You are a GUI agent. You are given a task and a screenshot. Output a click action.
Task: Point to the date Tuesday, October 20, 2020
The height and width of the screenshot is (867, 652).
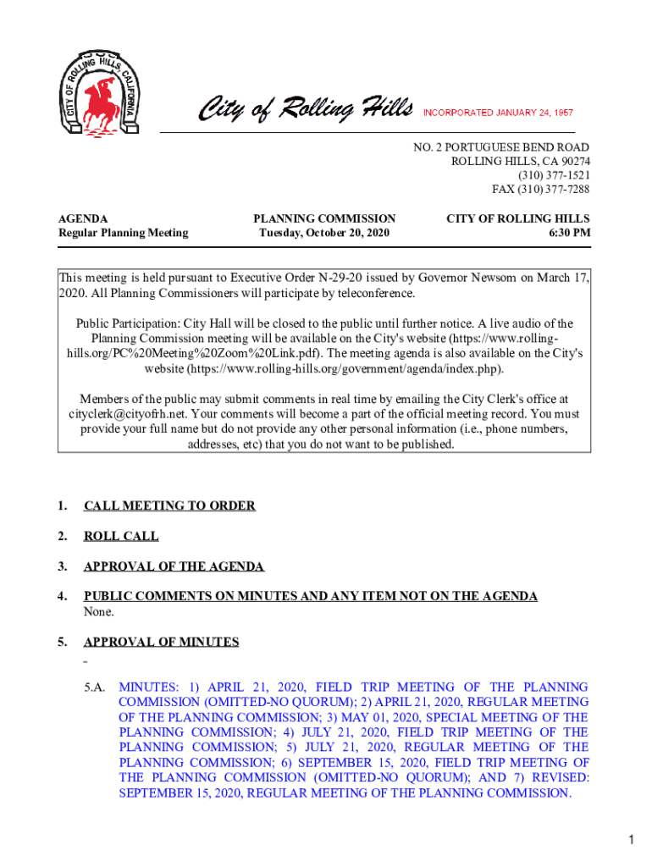click(x=324, y=232)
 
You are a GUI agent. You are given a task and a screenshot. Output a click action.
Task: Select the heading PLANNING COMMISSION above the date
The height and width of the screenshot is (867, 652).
click(x=324, y=218)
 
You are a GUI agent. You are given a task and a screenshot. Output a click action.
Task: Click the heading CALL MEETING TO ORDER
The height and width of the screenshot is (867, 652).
click(x=169, y=505)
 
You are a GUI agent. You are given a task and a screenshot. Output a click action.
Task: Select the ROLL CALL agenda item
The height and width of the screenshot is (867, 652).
click(x=121, y=536)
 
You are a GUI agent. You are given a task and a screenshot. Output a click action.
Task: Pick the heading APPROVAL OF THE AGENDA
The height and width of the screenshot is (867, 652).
click(x=174, y=566)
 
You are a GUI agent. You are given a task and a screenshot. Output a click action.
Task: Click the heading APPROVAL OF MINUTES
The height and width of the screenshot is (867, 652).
click(x=161, y=642)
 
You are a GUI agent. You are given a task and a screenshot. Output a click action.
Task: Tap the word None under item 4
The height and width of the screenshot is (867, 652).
click(x=98, y=611)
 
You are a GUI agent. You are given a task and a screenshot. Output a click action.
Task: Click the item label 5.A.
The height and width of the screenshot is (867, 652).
click(x=95, y=688)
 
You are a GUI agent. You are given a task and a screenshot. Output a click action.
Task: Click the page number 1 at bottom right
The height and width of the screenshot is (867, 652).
click(x=631, y=840)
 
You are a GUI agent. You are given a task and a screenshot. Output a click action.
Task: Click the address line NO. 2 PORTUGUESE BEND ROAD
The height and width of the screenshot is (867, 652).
click(x=501, y=147)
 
